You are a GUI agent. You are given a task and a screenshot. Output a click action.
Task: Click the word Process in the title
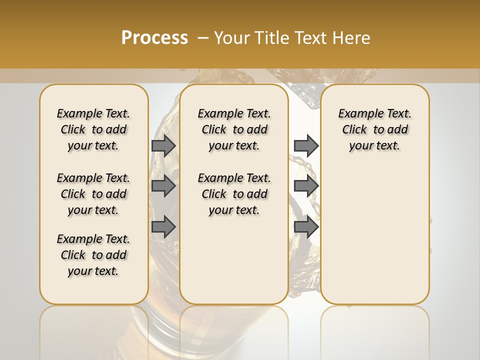[154, 38]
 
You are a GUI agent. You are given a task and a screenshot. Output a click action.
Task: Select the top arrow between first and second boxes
[163, 145]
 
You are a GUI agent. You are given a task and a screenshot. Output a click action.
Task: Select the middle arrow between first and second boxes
[163, 186]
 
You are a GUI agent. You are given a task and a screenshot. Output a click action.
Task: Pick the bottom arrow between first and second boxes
[163, 226]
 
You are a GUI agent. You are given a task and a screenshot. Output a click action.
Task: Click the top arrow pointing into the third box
[306, 145]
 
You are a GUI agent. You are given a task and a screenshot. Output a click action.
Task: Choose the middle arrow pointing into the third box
[306, 186]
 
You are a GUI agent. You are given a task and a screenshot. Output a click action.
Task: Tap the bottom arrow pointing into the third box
[306, 226]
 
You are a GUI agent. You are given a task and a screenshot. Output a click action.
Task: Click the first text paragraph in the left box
[93, 129]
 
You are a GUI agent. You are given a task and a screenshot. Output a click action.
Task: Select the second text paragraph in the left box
[93, 194]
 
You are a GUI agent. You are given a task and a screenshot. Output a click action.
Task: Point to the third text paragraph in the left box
[93, 255]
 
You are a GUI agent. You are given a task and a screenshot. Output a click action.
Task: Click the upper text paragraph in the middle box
[234, 129]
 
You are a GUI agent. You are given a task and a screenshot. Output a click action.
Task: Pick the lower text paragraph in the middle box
[234, 194]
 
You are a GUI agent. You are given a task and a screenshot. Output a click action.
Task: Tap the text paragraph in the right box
[374, 129]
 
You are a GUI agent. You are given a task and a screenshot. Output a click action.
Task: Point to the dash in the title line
[203, 38]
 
